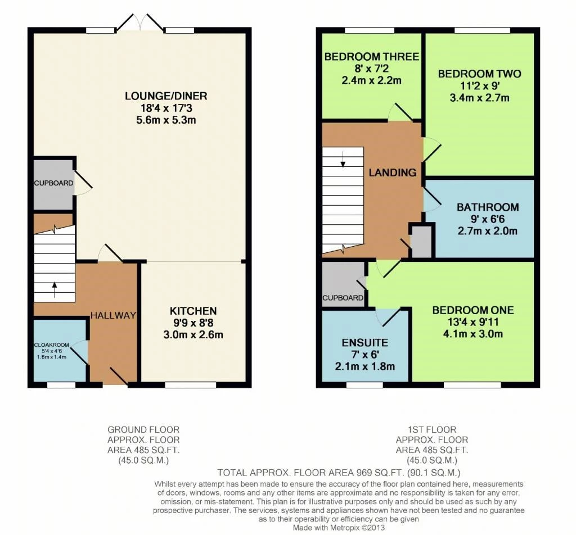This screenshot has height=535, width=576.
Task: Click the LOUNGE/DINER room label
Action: pyautogui.click(x=160, y=96)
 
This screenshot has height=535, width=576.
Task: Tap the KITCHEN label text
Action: pyautogui.click(x=193, y=311)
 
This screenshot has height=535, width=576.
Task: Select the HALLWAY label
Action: pyautogui.click(x=114, y=315)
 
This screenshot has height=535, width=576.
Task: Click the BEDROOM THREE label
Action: pyautogui.click(x=372, y=57)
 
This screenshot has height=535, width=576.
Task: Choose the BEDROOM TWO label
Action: pyautogui.click(x=479, y=74)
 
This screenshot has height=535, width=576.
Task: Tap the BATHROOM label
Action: pyautogui.click(x=487, y=207)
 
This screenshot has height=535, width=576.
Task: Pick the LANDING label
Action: pyautogui.click(x=392, y=173)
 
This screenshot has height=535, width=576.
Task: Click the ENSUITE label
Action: pyautogui.click(x=364, y=342)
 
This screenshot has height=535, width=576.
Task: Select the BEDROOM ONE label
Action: pyautogui.click(x=472, y=310)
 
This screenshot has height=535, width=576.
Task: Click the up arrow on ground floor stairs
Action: pyautogui.click(x=55, y=289)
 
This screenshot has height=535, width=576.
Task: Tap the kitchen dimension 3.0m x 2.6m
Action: pyautogui.click(x=193, y=335)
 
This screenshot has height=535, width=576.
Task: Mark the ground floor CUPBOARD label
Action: pyautogui.click(x=53, y=183)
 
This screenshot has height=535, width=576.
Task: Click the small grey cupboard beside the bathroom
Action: pyautogui.click(x=422, y=241)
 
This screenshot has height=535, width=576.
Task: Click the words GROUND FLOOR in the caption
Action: pyautogui.click(x=143, y=430)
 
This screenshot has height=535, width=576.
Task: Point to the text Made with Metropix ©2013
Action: pyautogui.click(x=339, y=528)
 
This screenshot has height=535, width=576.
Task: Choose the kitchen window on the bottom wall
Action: pyautogui.click(x=183, y=385)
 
